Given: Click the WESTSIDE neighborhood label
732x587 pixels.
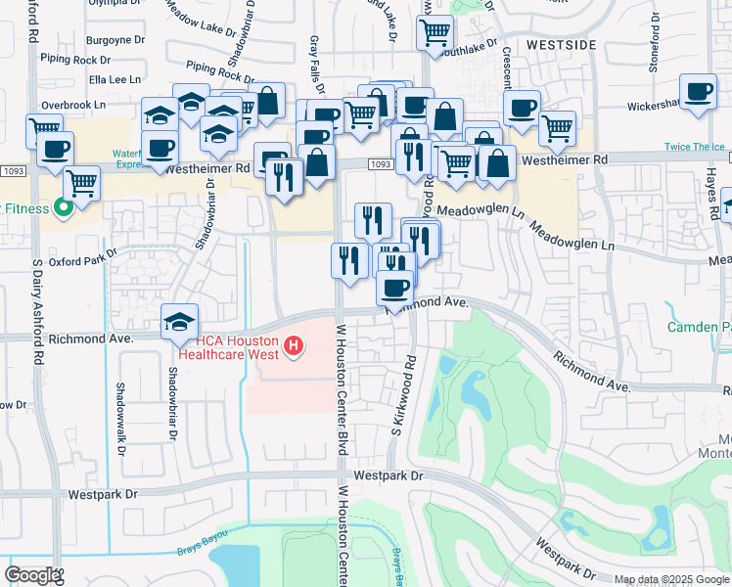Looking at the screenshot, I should point(562,45).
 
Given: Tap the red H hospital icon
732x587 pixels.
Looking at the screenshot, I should point(292,345).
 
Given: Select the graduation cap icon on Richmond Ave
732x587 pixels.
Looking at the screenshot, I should point(179,321).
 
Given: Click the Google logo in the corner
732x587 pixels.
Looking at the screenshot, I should point(32,575).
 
